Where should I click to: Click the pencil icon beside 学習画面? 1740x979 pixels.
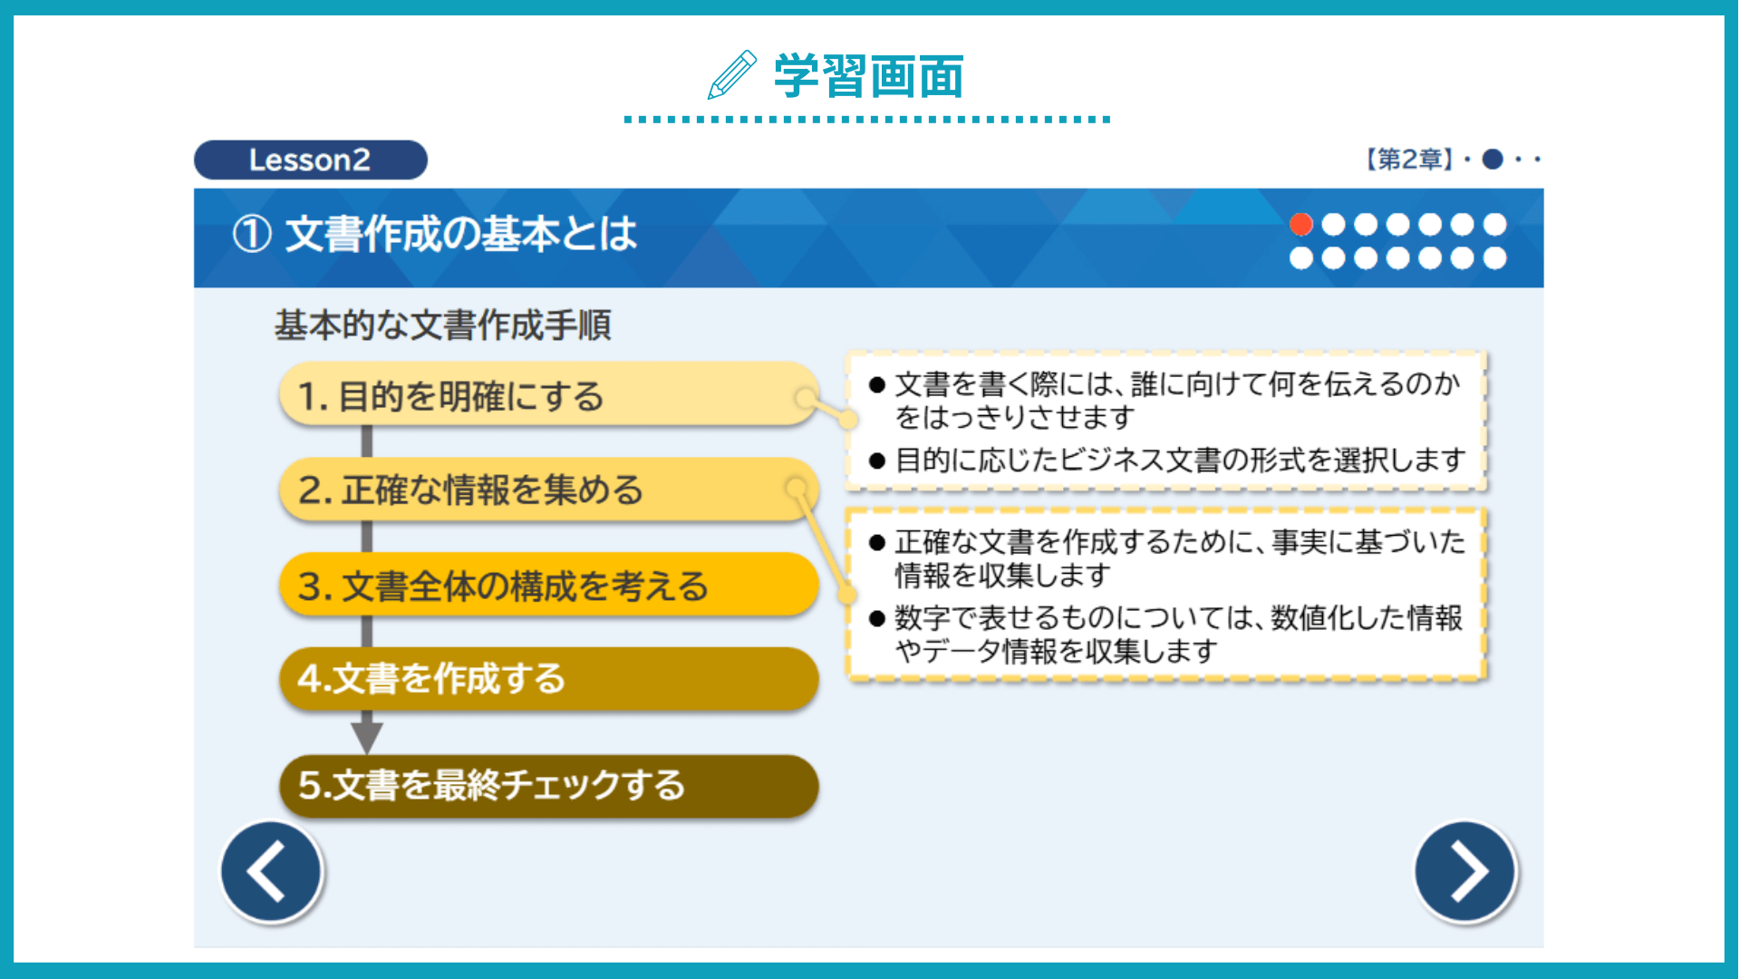tap(731, 74)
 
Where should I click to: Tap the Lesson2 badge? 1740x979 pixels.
tap(310, 160)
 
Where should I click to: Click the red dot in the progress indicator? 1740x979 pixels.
tap(1300, 224)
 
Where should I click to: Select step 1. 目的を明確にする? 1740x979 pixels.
tap(549, 395)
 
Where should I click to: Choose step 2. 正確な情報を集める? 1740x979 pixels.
tap(549, 489)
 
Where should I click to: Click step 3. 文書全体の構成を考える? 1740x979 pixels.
tap(549, 585)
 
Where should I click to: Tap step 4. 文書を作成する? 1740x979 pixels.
tap(549, 678)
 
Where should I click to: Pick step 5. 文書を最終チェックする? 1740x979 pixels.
tap(549, 786)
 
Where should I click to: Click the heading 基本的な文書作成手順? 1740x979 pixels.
tap(443, 325)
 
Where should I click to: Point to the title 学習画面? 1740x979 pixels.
tap(868, 75)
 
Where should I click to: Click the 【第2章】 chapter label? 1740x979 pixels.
tap(1409, 160)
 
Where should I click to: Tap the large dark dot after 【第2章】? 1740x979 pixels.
tap(1493, 160)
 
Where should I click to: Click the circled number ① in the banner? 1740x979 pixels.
tap(252, 234)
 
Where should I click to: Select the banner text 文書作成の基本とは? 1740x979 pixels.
tap(461, 234)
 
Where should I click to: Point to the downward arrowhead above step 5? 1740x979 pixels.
tap(366, 735)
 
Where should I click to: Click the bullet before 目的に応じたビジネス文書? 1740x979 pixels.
tap(876, 460)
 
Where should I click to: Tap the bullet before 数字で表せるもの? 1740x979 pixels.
tap(876, 619)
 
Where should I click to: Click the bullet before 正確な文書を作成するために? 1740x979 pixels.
tap(876, 543)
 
